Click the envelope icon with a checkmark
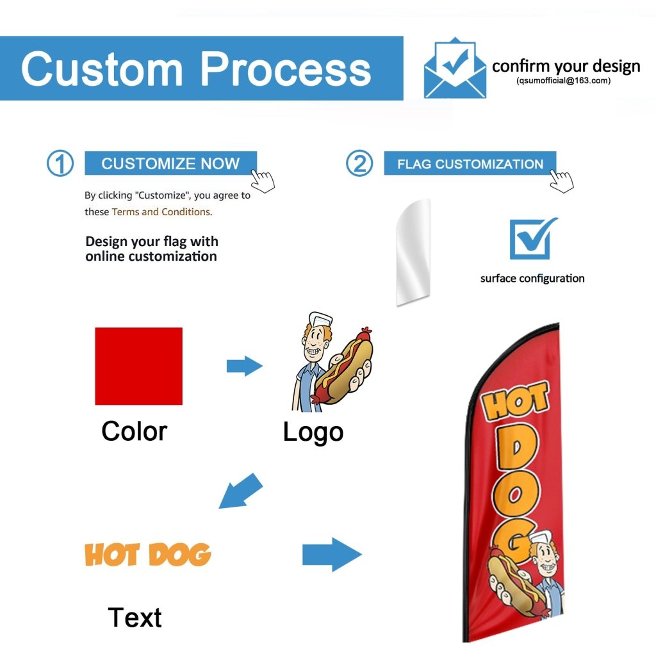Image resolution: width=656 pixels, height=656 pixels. point(454,69)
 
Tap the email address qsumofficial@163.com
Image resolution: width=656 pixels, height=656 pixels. point(564,81)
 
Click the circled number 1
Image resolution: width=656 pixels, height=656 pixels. point(60,164)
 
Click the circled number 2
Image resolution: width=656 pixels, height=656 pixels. point(359,164)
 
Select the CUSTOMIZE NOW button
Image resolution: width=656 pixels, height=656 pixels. point(170,163)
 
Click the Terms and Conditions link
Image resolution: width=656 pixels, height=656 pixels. point(161,211)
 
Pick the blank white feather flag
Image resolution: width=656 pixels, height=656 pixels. point(413,251)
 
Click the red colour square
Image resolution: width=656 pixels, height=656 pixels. point(138,366)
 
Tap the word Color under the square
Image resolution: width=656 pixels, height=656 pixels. point(134,431)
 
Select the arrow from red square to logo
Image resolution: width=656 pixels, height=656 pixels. point(244,366)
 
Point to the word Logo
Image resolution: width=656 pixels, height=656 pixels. point(313,432)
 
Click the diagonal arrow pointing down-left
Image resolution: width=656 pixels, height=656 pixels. point(241,491)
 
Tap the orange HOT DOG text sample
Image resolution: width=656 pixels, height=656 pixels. point(147,554)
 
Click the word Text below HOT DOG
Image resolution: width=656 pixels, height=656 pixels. point(135,618)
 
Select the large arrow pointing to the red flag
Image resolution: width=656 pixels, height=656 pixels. point(331,553)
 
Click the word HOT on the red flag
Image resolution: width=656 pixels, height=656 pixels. point(515,404)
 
